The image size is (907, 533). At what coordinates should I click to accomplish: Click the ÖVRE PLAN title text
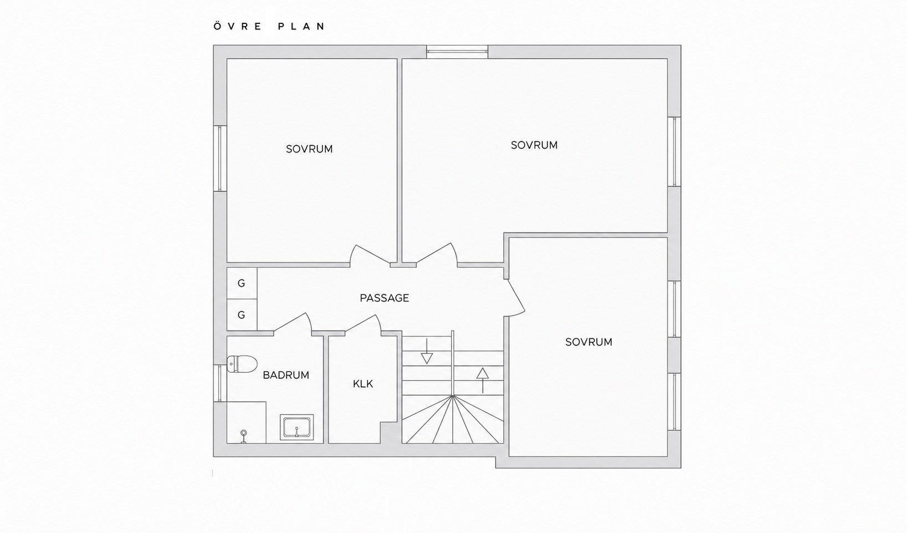(269, 27)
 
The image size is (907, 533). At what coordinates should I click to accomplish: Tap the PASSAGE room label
(385, 298)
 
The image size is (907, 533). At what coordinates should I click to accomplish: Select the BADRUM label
(286, 375)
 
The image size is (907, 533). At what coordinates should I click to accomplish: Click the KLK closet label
(363, 384)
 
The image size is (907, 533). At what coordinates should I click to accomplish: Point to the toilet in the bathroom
(242, 364)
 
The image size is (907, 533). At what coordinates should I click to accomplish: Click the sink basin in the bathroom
(297, 427)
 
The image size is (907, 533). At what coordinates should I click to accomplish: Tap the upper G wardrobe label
(242, 283)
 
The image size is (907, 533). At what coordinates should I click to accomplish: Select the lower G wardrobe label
(242, 314)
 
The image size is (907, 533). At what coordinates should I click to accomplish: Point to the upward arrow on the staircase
(483, 380)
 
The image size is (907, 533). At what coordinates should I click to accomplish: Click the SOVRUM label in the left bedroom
(309, 149)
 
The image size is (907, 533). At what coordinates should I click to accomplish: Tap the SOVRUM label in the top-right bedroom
(534, 145)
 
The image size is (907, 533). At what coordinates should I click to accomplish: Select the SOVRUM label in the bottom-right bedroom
(589, 342)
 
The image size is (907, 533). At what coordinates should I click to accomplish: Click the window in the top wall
(457, 52)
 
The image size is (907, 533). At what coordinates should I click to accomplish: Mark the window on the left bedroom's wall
(220, 158)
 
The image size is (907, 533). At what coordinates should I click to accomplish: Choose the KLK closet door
(363, 324)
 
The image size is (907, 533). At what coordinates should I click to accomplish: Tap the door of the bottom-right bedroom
(516, 297)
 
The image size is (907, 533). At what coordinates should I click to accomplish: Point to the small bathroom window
(220, 383)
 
